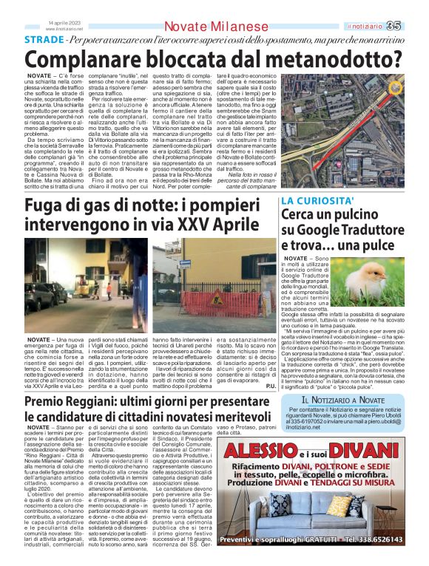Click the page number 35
412,26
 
